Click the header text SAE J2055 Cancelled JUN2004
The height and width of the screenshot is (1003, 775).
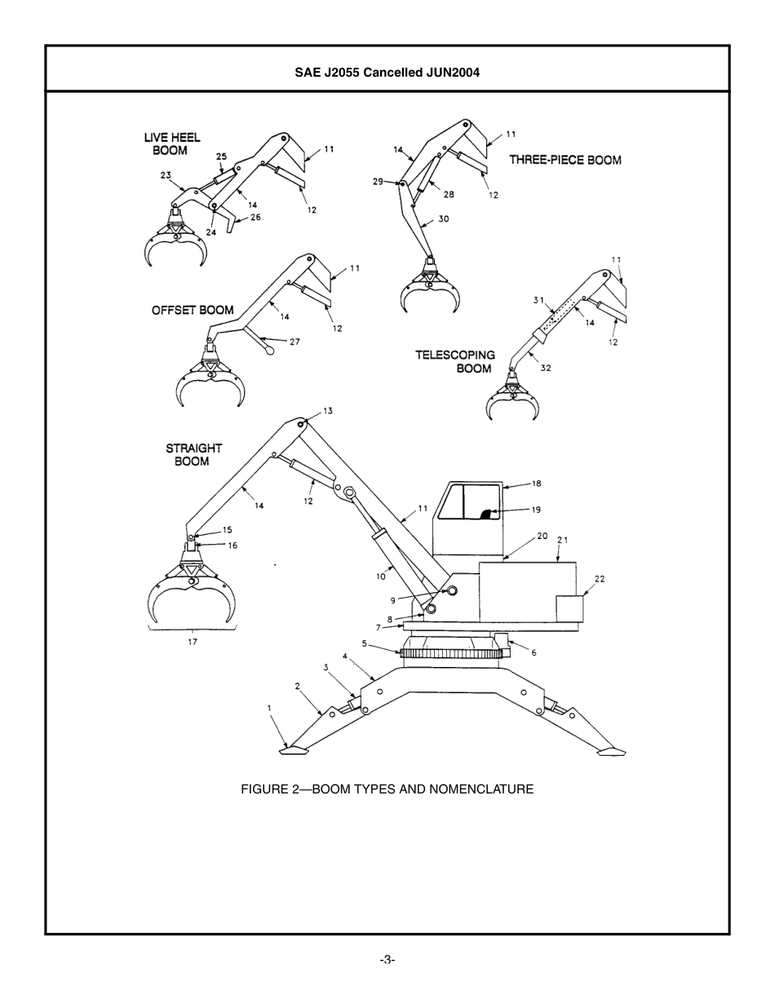point(387,72)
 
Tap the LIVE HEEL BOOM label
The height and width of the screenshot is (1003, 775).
point(171,144)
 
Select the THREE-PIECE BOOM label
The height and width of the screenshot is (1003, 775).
point(565,160)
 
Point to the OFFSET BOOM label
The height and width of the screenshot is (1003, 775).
point(193,310)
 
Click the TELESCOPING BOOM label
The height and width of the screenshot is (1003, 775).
point(455,361)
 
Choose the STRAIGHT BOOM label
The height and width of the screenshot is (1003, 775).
point(193,454)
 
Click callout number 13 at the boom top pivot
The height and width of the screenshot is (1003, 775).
point(328,411)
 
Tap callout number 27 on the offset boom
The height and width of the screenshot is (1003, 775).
point(294,342)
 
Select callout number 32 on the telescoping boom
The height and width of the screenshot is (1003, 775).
point(546,368)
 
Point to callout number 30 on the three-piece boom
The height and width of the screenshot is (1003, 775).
point(444,219)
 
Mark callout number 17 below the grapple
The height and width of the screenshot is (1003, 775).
point(193,642)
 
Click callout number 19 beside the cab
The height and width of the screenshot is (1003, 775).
point(536,510)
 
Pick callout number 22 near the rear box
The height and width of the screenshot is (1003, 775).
point(600,579)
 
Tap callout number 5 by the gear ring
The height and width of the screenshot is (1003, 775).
point(365,643)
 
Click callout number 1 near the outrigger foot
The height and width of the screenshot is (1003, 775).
point(269,708)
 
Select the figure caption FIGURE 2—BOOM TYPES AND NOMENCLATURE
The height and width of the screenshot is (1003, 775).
point(387,789)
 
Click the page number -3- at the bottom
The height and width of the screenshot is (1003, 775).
point(387,960)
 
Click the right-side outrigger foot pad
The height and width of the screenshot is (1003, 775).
point(611,751)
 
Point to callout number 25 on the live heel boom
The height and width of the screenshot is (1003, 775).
point(221,156)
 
